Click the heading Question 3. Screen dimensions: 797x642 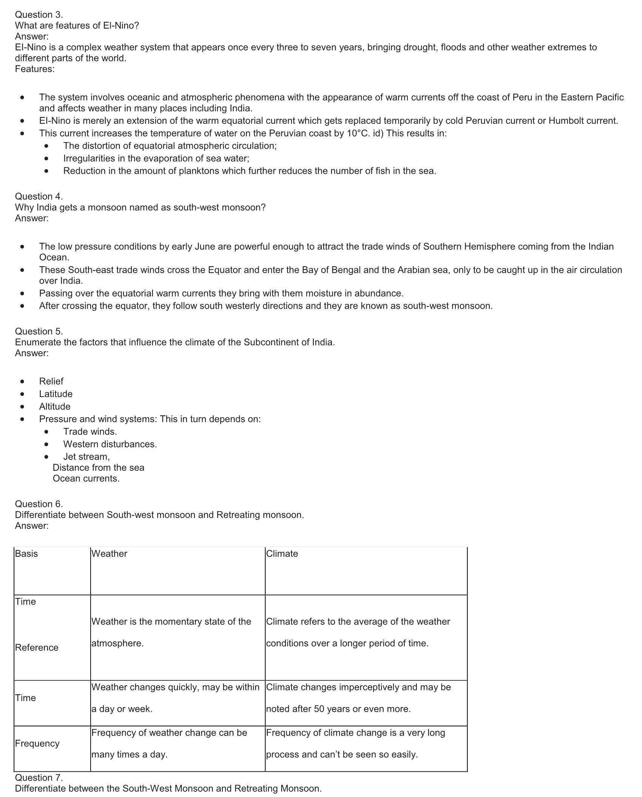pos(39,15)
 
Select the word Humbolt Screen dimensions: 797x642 pos(566,121)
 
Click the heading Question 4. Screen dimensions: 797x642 pos(39,196)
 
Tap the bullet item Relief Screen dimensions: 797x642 pos(51,382)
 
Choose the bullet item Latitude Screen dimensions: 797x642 pos(56,394)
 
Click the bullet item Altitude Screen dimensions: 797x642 pos(55,406)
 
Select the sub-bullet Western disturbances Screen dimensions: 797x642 pos(110,444)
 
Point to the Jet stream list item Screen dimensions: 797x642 pos(86,457)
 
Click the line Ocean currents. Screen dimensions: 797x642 pos(86,479)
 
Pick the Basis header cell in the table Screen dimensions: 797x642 pos(26,554)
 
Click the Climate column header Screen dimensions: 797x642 pos(282,554)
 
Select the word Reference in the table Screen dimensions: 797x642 pos(37,647)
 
